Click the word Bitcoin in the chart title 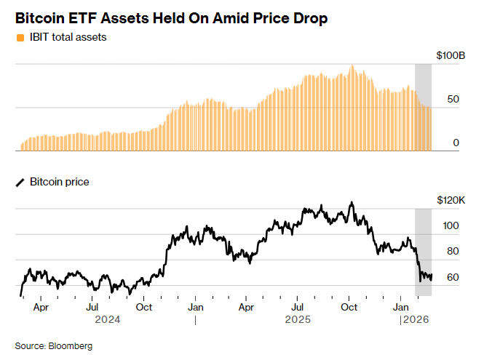click(x=40, y=18)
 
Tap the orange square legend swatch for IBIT click(x=19, y=37)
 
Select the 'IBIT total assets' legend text click(x=68, y=37)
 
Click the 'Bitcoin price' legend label click(x=60, y=182)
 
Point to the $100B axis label click(x=450, y=55)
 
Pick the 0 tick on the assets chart click(x=456, y=143)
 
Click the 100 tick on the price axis click(x=451, y=226)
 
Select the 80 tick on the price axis click(x=453, y=252)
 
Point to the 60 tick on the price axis click(x=453, y=278)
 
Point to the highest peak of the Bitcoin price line click(x=352, y=202)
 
